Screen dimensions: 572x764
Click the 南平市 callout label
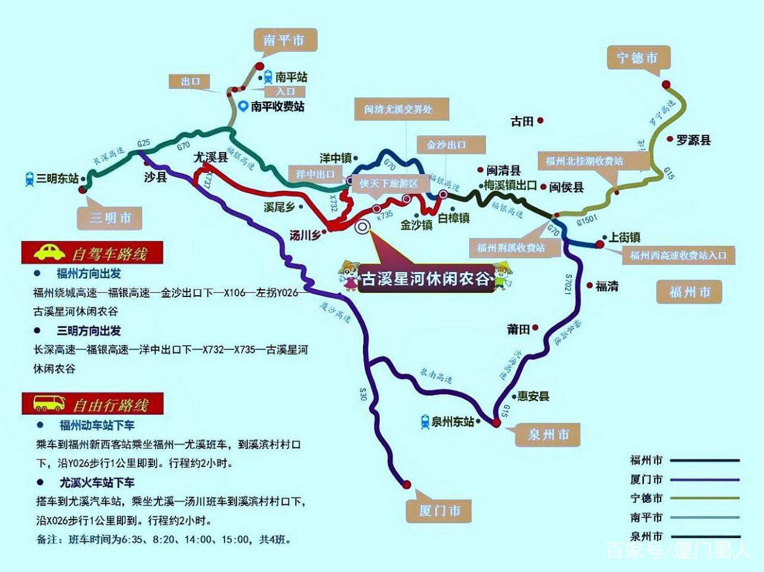coord(283,41)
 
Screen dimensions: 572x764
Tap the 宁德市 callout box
coord(637,58)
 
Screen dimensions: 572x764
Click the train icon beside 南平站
coord(268,77)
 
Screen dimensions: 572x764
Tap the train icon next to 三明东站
coord(29,179)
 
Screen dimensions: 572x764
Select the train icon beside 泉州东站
coord(424,421)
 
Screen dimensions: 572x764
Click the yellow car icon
coord(49,252)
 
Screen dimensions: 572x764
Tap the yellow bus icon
coord(49,403)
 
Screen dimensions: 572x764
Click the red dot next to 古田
coord(540,121)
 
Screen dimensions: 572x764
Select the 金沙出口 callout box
coord(442,145)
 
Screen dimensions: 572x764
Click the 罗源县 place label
coord(693,140)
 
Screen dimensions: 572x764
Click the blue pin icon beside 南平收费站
coord(244,106)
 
